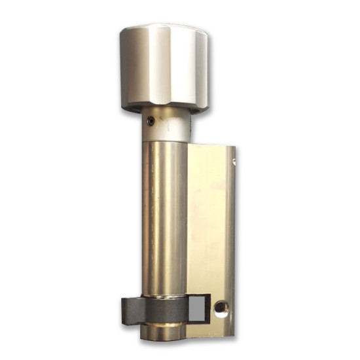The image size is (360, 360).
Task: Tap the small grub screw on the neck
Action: pos(151,120)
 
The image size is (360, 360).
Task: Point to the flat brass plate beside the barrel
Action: pos(209,216)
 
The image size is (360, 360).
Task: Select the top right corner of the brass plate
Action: pos(234,149)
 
